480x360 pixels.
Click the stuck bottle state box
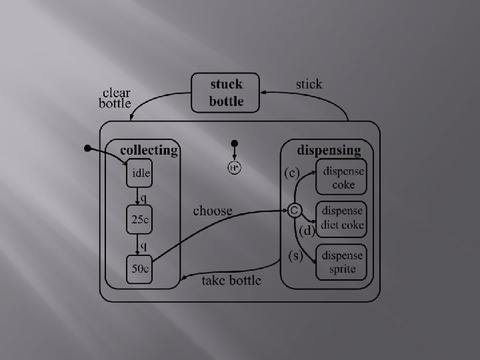tap(226, 93)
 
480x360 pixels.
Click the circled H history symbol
tap(235, 169)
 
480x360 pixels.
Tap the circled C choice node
tap(293, 210)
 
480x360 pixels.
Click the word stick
tap(309, 84)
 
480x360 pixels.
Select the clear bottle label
tap(115, 98)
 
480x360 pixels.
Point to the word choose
tap(213, 211)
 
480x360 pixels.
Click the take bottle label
tap(231, 280)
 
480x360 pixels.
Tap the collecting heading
tap(149, 150)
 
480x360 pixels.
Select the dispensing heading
tap(329, 150)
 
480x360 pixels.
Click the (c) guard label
tap(291, 173)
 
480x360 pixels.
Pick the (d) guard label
tap(306, 231)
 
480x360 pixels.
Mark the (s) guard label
tap(293, 255)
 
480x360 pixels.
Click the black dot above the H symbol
tap(235, 143)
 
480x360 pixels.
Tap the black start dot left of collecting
tap(87, 148)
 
